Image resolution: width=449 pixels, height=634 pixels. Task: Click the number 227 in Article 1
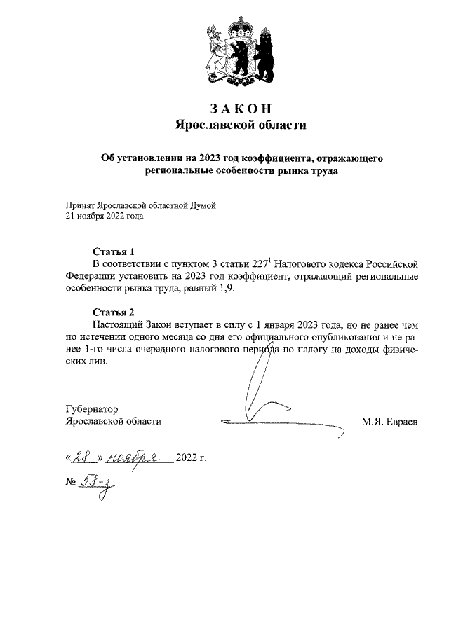pyautogui.click(x=240, y=263)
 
